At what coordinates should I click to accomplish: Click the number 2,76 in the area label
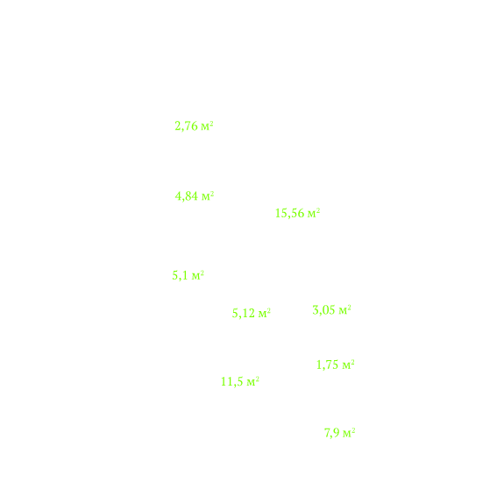pos(186,126)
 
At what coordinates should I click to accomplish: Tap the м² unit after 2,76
pos(208,125)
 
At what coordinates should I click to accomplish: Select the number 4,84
pos(187,196)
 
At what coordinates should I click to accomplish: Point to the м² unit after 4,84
pos(208,195)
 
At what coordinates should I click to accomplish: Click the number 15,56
pos(289,213)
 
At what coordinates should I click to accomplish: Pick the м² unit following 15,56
pos(314,213)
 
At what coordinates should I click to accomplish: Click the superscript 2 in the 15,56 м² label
pos(318,210)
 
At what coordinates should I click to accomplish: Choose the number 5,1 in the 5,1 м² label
pos(181,276)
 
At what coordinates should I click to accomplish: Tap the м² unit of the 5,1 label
pos(198,275)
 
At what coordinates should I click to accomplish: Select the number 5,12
pos(244,314)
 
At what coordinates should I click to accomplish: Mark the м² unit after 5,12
pos(265,313)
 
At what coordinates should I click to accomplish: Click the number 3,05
pos(324,310)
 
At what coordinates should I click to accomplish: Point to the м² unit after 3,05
pos(344,310)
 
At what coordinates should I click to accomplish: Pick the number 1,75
pos(328,365)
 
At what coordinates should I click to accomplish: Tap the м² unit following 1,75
pos(349,365)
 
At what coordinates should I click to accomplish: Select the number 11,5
pos(232,382)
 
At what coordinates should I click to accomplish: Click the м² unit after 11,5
pos(253,381)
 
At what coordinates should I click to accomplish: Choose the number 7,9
pos(332,433)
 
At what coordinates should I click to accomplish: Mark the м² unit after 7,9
pos(349,433)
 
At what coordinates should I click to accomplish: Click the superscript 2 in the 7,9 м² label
pos(353,430)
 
